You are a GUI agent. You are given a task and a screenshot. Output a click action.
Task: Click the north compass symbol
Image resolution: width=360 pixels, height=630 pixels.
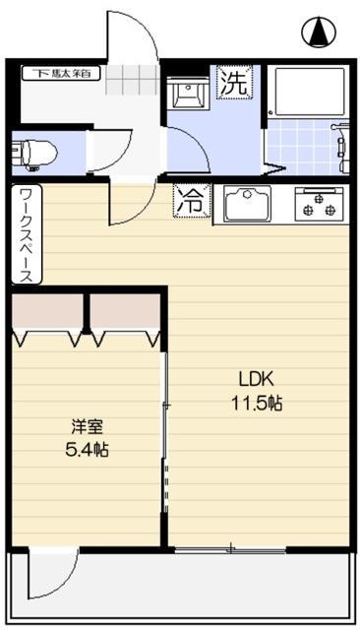click(319, 33)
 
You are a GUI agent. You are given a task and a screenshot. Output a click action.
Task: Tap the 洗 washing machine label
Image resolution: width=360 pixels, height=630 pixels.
click(234, 83)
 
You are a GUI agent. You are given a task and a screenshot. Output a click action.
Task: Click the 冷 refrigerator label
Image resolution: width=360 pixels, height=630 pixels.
click(190, 201)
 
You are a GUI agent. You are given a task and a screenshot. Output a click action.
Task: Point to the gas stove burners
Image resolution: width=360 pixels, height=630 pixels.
click(319, 204)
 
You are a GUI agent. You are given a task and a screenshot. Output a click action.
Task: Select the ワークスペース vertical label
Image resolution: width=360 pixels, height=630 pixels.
click(26, 235)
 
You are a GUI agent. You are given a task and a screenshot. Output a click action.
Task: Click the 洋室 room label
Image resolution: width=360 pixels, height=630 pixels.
click(88, 427)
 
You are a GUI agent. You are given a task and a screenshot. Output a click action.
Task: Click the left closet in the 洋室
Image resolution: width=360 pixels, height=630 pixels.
click(48, 314)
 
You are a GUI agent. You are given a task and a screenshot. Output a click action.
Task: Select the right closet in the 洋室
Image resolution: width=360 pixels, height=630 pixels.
click(125, 314)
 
